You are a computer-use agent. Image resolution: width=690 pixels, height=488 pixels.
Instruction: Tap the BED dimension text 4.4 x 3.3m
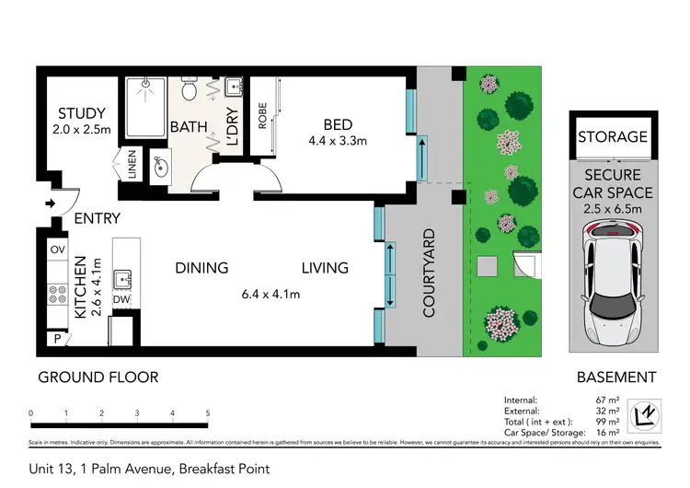click(337, 142)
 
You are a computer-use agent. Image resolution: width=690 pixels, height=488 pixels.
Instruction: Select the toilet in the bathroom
click(190, 90)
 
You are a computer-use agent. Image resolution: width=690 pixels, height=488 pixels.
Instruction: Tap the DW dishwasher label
click(121, 299)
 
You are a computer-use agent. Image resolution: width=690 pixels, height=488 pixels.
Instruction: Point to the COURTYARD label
click(429, 274)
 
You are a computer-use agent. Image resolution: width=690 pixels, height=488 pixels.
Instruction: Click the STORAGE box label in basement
click(613, 137)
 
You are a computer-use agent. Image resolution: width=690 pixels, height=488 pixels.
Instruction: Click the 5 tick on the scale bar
click(208, 413)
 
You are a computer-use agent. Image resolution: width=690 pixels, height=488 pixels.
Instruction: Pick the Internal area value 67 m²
click(607, 399)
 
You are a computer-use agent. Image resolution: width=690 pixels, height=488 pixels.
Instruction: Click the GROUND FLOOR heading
click(98, 377)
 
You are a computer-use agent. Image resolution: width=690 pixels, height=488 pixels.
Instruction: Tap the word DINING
click(201, 268)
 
